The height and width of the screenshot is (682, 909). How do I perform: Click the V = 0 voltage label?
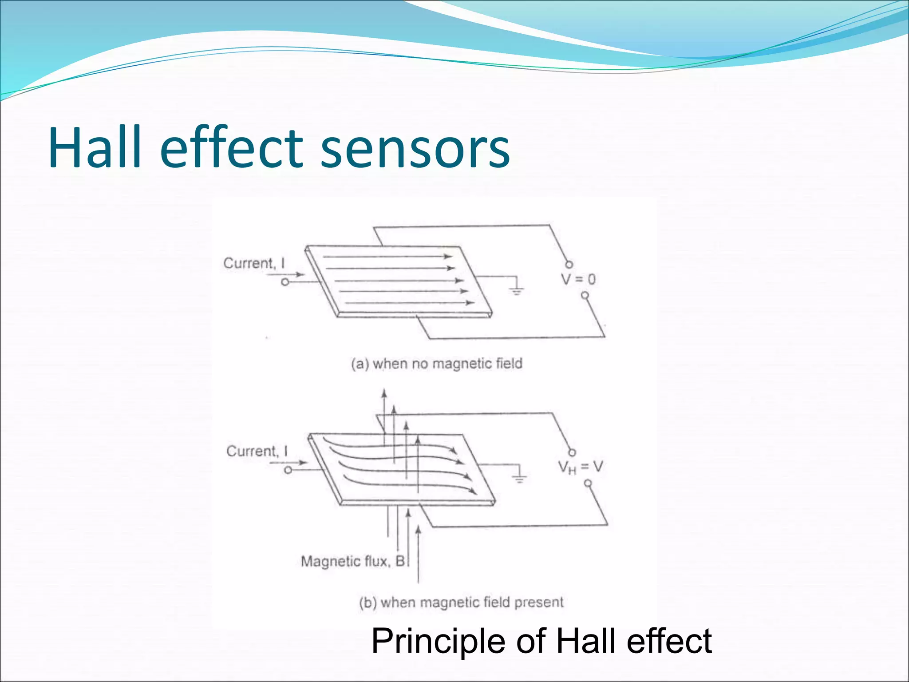pos(578,279)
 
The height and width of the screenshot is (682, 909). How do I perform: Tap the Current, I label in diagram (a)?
pos(254,263)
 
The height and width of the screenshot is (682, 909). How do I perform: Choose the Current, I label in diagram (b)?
pos(257,451)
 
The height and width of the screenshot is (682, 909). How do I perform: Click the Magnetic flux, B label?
pos(353,561)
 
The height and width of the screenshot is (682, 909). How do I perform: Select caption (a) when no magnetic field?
pos(437,364)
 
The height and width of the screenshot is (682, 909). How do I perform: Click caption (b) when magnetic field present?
pos(461,603)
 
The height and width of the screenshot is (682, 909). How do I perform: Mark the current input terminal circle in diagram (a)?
pos(285,282)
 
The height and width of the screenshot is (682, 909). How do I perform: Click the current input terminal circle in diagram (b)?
pos(288,470)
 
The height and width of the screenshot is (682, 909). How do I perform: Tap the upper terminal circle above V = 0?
pos(569,264)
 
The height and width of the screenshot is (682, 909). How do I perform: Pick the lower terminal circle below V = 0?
pos(585,295)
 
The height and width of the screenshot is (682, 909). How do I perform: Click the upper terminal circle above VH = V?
pos(572,452)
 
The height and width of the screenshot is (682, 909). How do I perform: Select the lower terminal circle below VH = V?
pos(588,483)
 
